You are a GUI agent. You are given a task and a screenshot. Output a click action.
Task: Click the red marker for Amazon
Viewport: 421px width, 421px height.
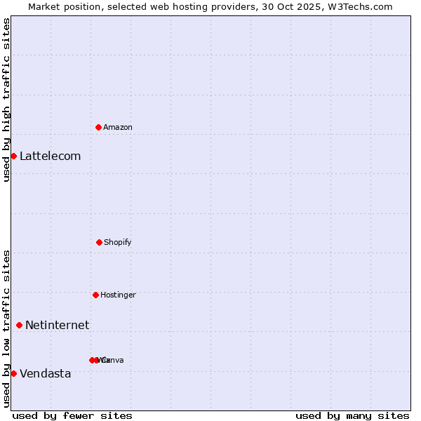(x=99, y=127)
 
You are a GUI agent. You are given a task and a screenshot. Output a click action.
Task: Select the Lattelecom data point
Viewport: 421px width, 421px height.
(x=13, y=156)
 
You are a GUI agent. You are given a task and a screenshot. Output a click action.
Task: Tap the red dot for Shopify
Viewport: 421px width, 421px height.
(x=99, y=242)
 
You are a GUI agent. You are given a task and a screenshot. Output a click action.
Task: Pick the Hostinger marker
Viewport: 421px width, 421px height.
(x=95, y=295)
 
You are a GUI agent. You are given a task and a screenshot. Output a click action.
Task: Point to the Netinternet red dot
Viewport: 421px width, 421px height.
(x=19, y=325)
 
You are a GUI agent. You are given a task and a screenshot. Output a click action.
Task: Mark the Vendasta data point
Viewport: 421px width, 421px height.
(x=13, y=373)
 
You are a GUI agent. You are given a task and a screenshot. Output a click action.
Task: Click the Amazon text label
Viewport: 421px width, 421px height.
(x=118, y=127)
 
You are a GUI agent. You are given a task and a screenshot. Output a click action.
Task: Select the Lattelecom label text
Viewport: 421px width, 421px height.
(x=50, y=156)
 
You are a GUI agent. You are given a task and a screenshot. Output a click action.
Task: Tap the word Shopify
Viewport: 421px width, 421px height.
(x=118, y=242)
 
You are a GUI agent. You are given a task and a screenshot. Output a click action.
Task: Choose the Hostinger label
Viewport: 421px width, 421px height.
(x=118, y=295)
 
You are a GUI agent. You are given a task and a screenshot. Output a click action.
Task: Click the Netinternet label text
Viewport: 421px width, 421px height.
(x=57, y=325)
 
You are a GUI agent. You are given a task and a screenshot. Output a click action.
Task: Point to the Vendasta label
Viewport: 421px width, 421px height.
(x=45, y=373)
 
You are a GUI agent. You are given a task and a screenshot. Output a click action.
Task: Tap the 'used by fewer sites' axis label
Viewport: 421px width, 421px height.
(x=72, y=415)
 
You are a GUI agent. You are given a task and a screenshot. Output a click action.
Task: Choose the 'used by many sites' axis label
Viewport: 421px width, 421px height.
(x=352, y=415)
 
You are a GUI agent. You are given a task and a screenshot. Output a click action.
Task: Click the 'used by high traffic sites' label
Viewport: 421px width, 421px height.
(x=6, y=100)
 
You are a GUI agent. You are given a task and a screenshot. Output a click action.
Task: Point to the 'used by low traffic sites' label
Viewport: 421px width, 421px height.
(x=6, y=328)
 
